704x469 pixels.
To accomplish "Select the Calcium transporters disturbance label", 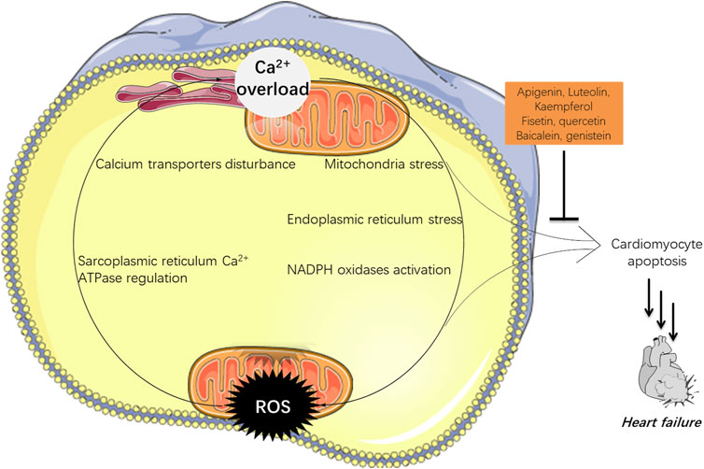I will pos(195,165).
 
